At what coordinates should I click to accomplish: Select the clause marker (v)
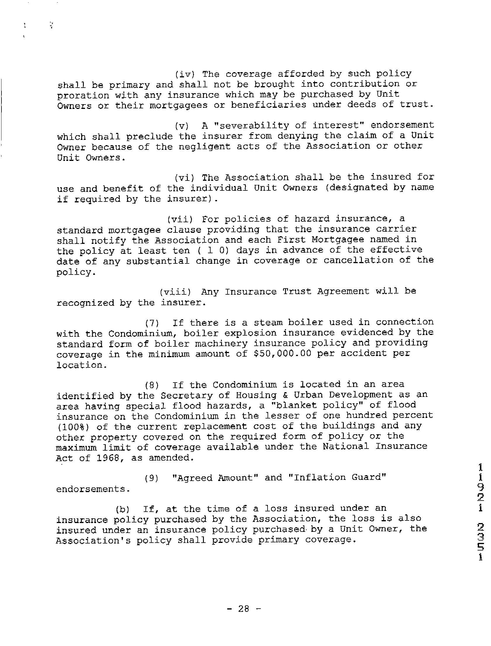[x=181, y=126]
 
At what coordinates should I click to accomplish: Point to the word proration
[x=83, y=95]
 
